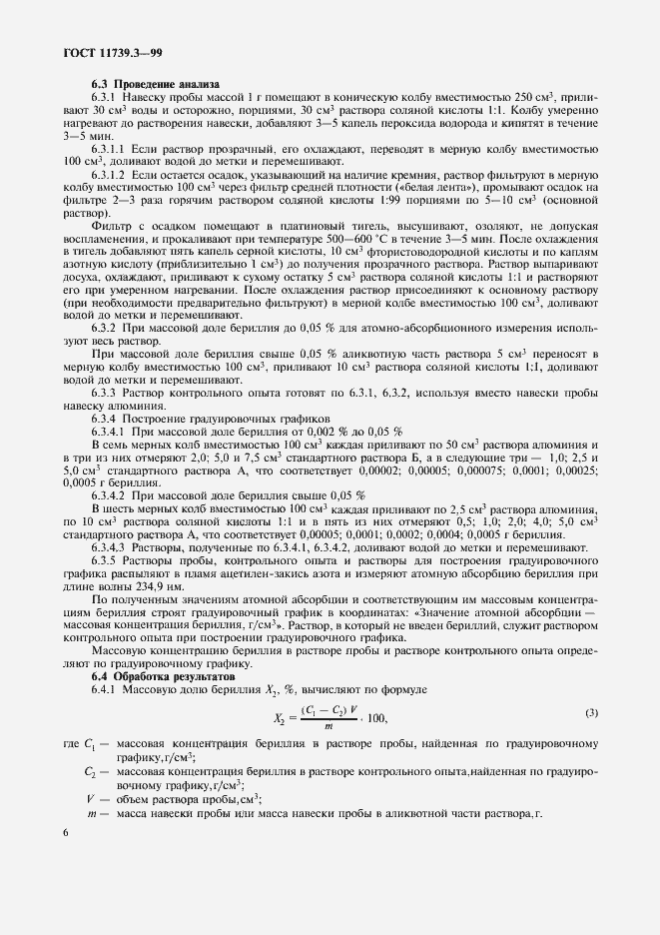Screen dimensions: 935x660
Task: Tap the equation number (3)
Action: click(x=591, y=711)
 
